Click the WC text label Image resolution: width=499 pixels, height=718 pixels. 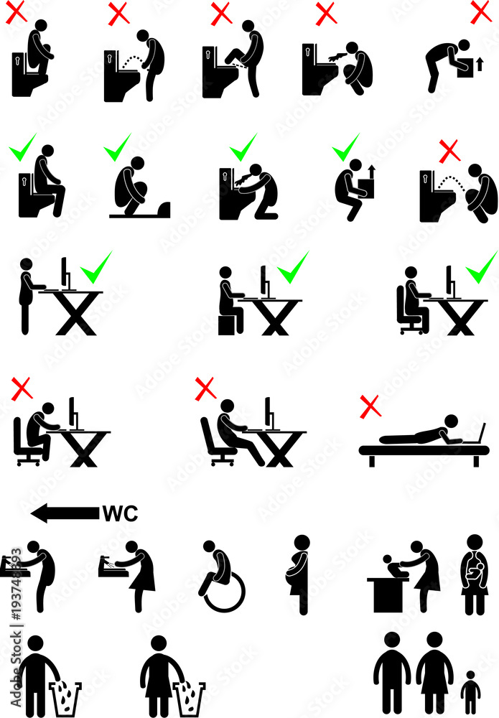pyautogui.click(x=119, y=513)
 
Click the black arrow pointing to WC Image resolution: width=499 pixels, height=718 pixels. pyautogui.click(x=65, y=513)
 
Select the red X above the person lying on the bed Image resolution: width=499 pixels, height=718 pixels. pyautogui.click(x=370, y=408)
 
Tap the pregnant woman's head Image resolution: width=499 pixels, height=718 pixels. pyautogui.click(x=302, y=544)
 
